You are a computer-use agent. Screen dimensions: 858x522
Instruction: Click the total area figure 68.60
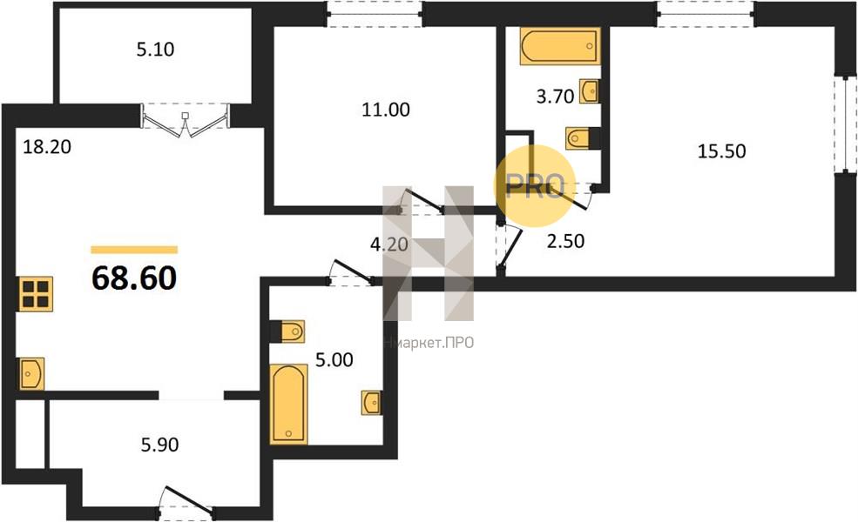pos(134,278)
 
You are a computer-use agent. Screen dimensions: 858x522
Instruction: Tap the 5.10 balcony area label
pos(155,50)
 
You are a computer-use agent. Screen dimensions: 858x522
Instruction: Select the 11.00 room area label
pos(386,110)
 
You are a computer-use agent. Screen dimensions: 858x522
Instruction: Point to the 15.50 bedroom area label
pos(722,151)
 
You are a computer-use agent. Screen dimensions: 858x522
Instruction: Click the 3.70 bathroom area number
pos(556,97)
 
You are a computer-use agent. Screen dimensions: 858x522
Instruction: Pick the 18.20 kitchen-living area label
pos(47,147)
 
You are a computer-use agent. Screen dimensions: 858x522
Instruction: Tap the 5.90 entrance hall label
pos(159,445)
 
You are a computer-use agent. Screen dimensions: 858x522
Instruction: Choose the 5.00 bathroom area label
pos(334,359)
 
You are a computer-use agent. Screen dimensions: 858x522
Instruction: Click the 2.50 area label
pos(566,241)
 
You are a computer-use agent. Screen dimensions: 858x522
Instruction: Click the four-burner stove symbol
pos(36,294)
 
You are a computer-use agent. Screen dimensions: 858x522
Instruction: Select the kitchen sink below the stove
pos(31,374)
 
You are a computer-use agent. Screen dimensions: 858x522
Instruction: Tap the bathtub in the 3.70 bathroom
pos(560,46)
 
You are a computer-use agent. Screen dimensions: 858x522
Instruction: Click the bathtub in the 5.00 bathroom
pos(288,404)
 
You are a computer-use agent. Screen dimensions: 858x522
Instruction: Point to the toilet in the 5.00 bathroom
pos(287,331)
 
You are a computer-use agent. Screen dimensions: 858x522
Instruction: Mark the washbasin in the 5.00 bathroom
pos(372,403)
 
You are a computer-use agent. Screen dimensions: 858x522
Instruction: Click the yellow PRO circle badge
pos(535,186)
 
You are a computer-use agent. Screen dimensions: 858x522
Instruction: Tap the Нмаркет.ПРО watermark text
pos(429,343)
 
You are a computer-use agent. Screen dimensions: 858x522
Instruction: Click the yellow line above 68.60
pos(134,250)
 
